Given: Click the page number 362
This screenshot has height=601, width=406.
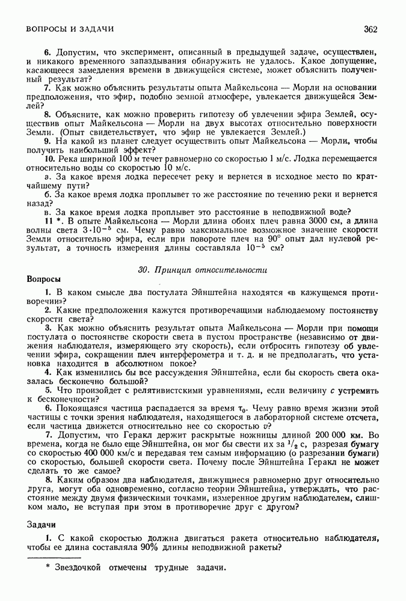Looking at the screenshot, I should tap(370, 28).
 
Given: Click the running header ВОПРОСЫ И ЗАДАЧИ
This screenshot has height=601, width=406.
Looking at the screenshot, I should tap(70, 28).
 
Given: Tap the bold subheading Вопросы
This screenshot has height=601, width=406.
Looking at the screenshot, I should tap(44, 279).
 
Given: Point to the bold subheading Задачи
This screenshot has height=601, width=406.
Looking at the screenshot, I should tap(42, 524).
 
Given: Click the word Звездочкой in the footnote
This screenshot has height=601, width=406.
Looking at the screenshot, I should tap(76, 568).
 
